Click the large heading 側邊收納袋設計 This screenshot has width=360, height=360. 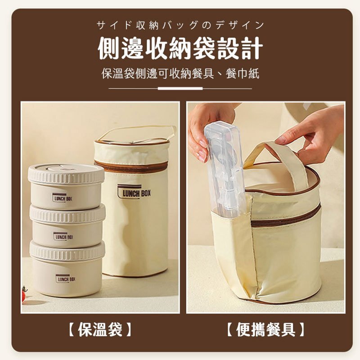click(180, 49)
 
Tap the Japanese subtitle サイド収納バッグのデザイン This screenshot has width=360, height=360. click(180, 25)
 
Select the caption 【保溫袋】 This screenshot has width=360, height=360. click(100, 330)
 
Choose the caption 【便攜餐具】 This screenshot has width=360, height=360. click(265, 330)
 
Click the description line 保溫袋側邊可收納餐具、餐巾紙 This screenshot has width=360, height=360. click(180, 74)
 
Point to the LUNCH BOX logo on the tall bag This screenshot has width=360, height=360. click(134, 192)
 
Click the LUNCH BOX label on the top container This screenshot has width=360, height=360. click(62, 198)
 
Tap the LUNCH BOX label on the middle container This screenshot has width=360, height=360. click(63, 236)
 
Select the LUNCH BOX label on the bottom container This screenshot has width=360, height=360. click(66, 279)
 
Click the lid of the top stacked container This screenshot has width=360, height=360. click(66, 173)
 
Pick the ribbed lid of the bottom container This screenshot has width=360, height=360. click(67, 252)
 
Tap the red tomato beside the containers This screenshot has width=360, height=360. click(23, 294)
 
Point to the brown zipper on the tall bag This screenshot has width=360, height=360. click(131, 167)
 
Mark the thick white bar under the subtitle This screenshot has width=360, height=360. click(180, 88)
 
